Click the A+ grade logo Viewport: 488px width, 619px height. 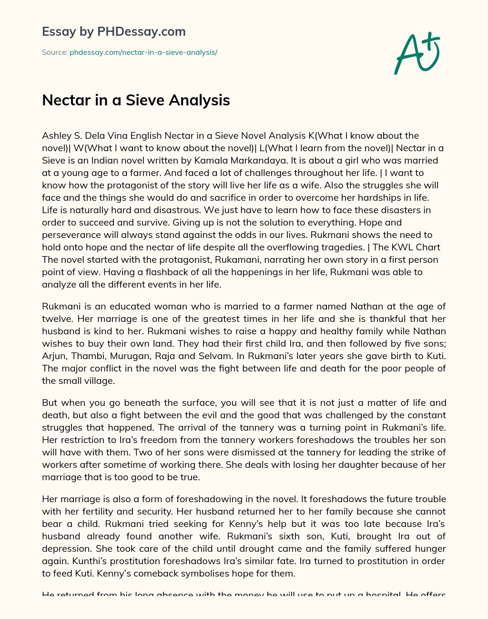point(417,53)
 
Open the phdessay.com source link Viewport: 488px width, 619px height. point(143,52)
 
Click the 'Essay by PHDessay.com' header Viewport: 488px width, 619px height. point(114,32)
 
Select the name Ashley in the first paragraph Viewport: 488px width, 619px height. point(56,135)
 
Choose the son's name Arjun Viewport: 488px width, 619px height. point(54,356)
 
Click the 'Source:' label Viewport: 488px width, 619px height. point(54,52)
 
